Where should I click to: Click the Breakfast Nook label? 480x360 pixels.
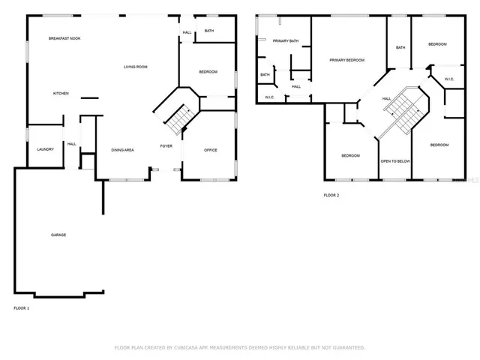[64, 38]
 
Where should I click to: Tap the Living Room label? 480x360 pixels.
[135, 67]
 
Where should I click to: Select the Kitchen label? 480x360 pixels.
[61, 94]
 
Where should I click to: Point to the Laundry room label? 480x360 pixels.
[45, 149]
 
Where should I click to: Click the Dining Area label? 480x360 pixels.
[122, 150]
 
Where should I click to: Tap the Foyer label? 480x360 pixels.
[166, 145]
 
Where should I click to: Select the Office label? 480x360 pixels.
[211, 150]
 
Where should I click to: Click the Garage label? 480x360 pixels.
[58, 235]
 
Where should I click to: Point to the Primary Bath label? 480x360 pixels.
[285, 41]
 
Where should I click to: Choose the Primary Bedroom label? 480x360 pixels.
[346, 60]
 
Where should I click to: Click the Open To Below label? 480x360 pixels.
[394, 161]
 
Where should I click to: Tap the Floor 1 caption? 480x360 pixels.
[22, 308]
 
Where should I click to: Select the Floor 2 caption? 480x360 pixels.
[331, 195]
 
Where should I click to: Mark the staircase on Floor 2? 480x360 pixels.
[403, 110]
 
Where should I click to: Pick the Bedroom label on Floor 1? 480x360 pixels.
[208, 71]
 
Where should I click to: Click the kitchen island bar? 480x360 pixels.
[90, 97]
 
